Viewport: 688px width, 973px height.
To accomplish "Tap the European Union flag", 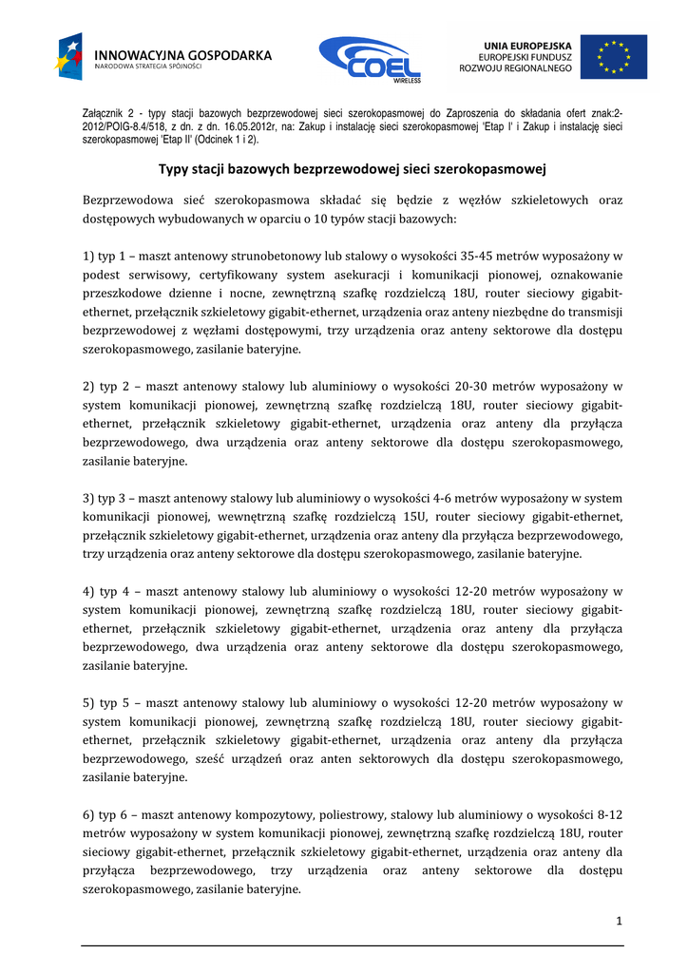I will click(x=613, y=57).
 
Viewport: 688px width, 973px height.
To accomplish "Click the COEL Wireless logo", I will click(x=370, y=60).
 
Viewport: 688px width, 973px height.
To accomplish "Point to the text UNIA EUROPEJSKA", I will click(x=527, y=45).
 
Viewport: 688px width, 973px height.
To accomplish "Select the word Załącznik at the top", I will click(x=103, y=113).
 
